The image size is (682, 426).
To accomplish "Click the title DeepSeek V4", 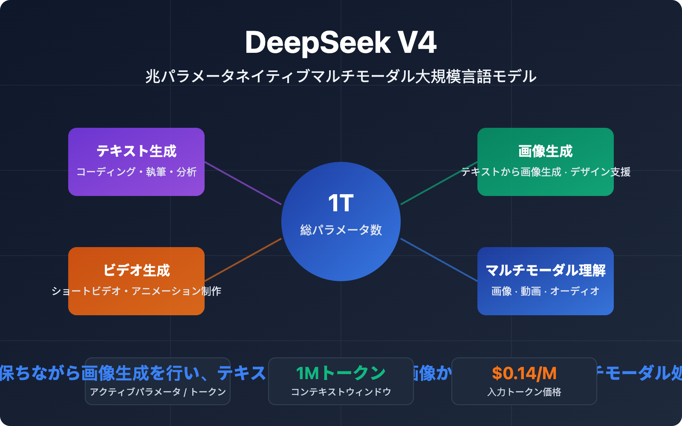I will coord(341,43).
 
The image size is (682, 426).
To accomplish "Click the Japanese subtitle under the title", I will coord(341,77).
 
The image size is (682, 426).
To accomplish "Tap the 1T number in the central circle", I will coord(341,203).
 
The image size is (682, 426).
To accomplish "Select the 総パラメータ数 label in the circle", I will coord(341,230).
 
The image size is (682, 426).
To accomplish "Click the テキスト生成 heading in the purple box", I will coord(136,151).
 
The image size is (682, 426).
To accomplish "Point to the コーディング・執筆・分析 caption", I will coord(136,172).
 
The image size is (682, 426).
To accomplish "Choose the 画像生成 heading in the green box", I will coord(546,151).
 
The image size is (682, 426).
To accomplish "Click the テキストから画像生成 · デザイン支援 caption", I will coord(546,172).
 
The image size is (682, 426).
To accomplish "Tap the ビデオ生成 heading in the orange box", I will coord(136,271).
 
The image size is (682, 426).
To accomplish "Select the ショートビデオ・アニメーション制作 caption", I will coord(136,291).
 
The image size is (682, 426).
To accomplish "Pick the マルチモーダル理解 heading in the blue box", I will coord(546,271).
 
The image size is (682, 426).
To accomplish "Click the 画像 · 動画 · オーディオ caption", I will coord(546,291).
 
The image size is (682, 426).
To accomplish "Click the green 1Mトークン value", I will coord(341,374).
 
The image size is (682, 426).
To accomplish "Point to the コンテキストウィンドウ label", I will coord(341,392).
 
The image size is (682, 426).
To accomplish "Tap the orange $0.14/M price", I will coord(524,374).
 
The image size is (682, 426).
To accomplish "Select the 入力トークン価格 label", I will coord(524,392).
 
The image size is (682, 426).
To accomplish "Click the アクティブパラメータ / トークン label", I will coord(158,392).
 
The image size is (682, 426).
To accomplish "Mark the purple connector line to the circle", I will coord(243,183).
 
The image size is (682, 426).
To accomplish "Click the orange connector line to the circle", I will coord(243,260).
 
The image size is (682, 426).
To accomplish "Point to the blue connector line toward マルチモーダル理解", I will coord(439,260).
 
